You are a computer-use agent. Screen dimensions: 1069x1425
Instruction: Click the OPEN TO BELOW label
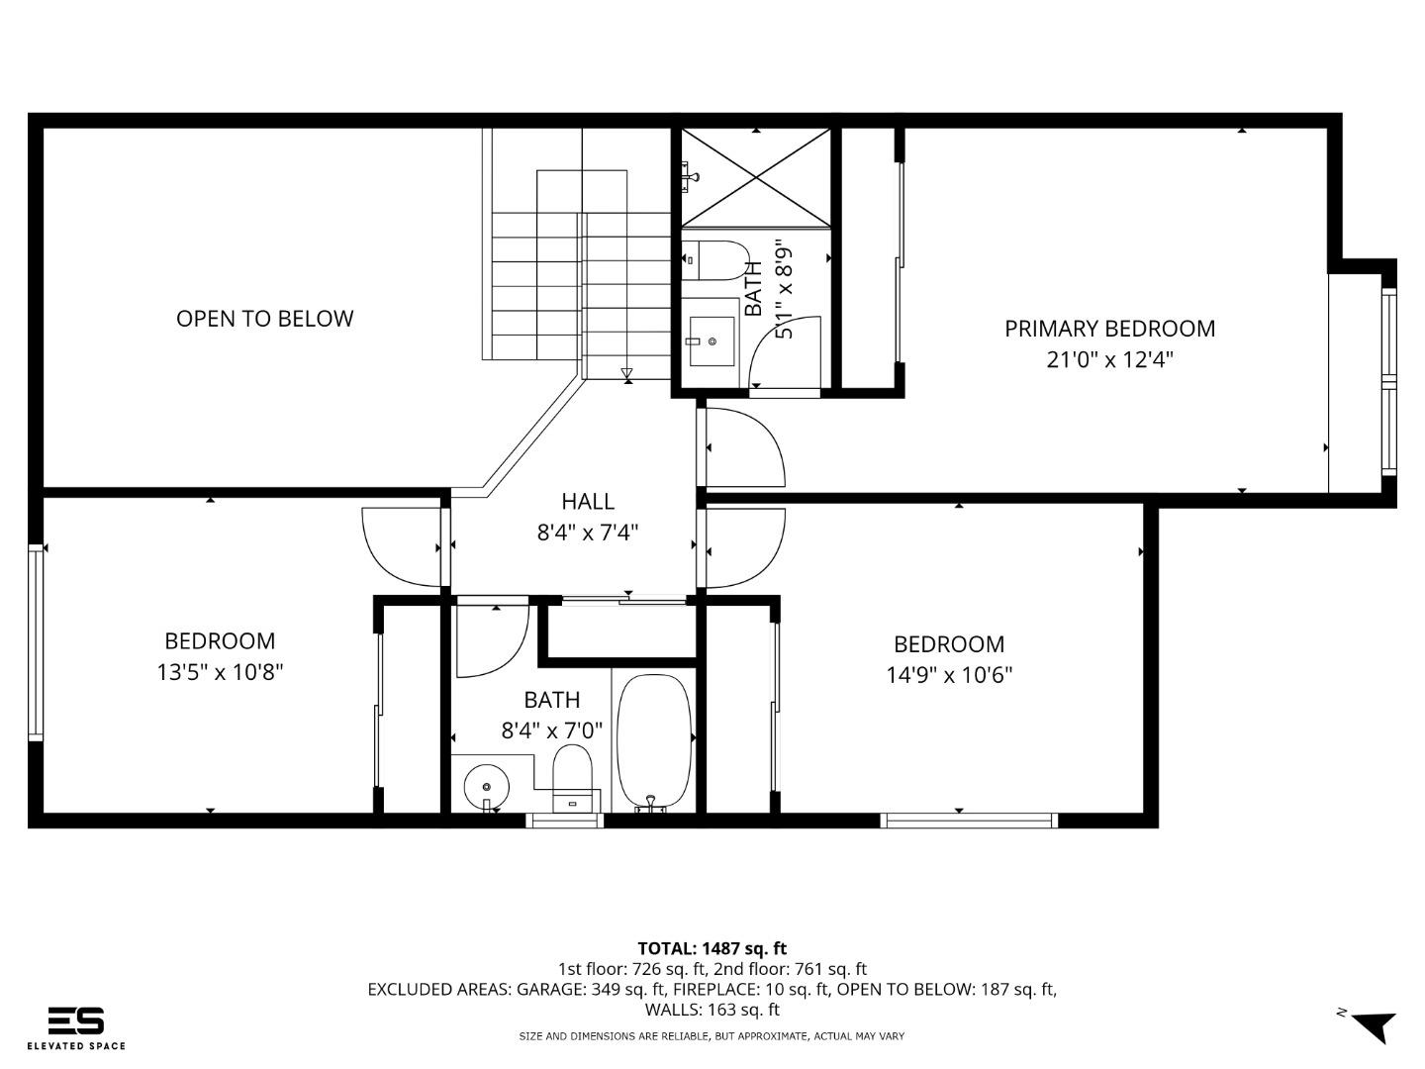pos(264,319)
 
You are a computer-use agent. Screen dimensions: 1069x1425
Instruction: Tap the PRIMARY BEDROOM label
pos(1109,329)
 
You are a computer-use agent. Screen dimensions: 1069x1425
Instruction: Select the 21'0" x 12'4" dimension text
pos(1109,359)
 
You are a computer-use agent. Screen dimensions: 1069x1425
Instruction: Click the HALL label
pos(588,501)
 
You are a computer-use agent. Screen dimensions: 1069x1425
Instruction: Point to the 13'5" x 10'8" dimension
pos(220,672)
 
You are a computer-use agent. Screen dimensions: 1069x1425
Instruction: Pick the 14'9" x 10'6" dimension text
pos(949,675)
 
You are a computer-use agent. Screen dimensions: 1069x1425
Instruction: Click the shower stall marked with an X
pos(756,177)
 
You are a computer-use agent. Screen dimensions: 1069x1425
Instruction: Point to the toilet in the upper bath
pos(717,259)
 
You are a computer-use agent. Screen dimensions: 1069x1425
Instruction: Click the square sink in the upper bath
pos(712,341)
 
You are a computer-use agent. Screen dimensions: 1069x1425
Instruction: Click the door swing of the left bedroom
pos(401,546)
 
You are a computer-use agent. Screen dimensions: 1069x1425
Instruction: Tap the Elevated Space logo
pos(76,1027)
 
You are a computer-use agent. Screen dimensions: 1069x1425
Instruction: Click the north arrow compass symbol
pos(1372,1024)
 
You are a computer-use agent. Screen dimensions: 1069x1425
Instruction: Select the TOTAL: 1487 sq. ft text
pos(712,948)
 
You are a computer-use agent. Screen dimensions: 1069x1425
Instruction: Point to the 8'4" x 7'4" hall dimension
pos(588,533)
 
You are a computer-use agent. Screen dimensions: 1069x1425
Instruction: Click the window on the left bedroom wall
pos(37,641)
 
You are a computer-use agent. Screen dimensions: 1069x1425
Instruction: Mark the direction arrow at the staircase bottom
pos(626,373)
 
